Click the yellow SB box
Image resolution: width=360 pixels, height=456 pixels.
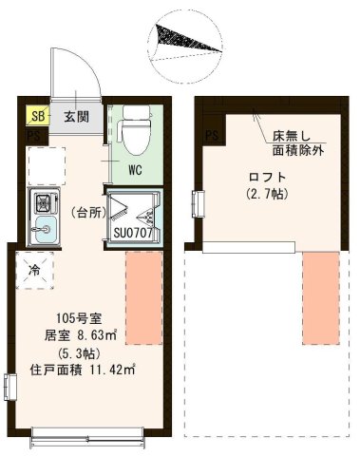[38, 119]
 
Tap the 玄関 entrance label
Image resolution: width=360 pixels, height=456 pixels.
[77, 119]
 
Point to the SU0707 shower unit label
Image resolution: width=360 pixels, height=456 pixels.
[133, 231]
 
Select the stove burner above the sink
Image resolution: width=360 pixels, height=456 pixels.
[44, 201]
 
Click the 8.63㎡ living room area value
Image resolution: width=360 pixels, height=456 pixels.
[95, 334]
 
